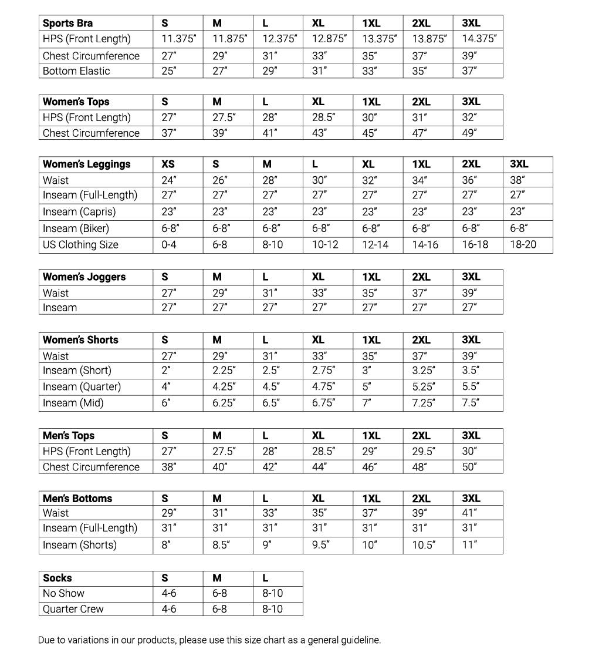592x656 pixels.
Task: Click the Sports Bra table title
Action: pos(67,23)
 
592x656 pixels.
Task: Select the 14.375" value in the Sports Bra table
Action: pos(479,39)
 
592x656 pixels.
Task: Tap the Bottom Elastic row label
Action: pos(76,71)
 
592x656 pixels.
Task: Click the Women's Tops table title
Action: pos(76,102)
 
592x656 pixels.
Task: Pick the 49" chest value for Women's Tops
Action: pos(469,133)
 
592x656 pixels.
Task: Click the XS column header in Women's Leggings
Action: pos(168,164)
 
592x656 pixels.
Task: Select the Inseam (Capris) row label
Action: pos(79,211)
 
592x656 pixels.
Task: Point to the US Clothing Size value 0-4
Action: pos(168,244)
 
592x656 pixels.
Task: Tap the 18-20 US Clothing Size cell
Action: pos(523,244)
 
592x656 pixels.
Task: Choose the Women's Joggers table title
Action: pos(84,277)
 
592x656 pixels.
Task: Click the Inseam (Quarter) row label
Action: pos(82,386)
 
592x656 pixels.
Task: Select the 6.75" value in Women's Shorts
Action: pos(323,403)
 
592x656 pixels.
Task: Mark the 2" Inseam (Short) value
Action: pos(166,371)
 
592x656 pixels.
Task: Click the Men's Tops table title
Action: pos(68,436)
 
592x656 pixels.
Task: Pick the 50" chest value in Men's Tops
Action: pos(469,467)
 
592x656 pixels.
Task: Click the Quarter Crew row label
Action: pos(73,609)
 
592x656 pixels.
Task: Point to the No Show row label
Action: pos(63,593)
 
